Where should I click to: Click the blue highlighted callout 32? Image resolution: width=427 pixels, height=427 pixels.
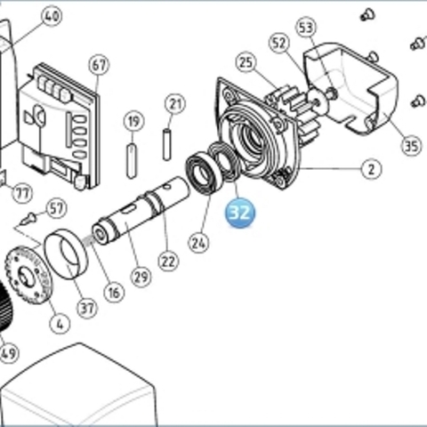[x=240, y=213]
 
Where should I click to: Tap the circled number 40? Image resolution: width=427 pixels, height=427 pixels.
[x=52, y=16]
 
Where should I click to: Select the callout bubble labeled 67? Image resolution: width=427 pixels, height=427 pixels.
[x=99, y=65]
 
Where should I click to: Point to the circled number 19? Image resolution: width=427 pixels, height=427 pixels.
[x=133, y=121]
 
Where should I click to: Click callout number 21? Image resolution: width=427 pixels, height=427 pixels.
[x=175, y=104]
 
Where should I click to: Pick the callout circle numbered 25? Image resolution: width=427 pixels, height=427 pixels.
[x=246, y=62]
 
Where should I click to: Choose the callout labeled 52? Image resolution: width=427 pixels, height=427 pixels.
[x=279, y=44]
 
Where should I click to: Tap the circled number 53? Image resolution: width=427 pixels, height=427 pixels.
[x=306, y=28]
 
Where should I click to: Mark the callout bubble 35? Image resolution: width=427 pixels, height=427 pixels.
[x=412, y=145]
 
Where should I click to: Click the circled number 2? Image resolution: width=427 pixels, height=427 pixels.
[x=372, y=169]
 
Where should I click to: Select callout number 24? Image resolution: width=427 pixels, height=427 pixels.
[x=198, y=243]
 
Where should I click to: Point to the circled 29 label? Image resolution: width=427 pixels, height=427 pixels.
[x=141, y=278]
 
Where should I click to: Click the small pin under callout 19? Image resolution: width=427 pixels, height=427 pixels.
[x=132, y=161]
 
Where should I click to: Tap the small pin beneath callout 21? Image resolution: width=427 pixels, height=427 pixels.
[x=167, y=144]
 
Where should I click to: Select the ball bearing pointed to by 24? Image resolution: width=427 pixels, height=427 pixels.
[x=204, y=173]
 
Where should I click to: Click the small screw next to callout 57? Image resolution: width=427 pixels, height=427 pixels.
[x=29, y=219]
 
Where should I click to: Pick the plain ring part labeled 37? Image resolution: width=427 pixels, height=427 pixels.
[x=66, y=254]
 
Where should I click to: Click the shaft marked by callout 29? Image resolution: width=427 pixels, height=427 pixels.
[x=141, y=210]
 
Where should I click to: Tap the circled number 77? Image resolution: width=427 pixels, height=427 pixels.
[x=22, y=193]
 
